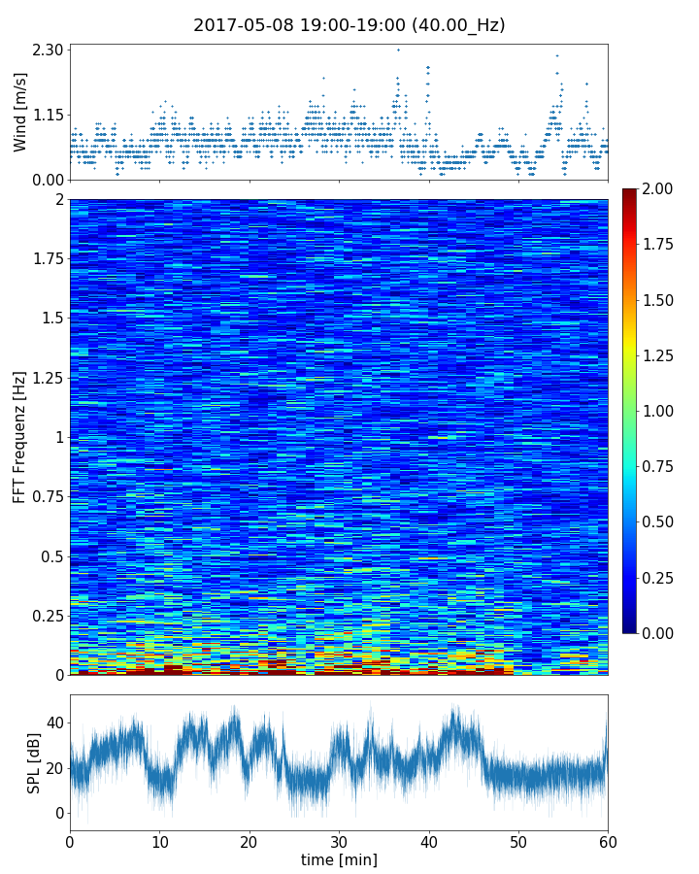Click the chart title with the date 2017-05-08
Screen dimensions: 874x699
pos(349,25)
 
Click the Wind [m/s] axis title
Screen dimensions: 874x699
pos(20,115)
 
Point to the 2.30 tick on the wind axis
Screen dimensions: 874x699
pos(49,50)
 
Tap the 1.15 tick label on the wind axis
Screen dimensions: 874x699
pos(49,115)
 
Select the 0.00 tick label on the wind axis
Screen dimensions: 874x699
pos(49,180)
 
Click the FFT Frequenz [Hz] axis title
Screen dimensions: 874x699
pos(19,437)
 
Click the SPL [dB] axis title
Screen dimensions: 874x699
pos(34,762)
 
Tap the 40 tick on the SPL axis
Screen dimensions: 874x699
pos(54,723)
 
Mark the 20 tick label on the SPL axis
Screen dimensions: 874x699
pos(54,768)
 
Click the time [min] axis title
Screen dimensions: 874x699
pos(339,859)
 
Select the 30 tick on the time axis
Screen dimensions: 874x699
pos(339,841)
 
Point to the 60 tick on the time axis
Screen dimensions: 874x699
pos(608,841)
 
